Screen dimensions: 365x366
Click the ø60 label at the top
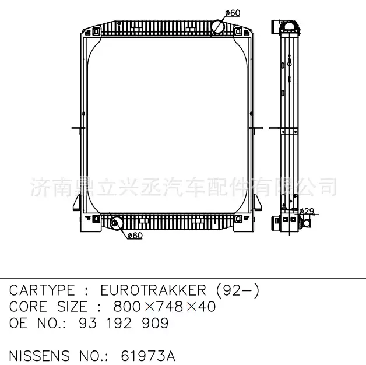tap(232, 13)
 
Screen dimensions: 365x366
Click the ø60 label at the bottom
tap(135, 236)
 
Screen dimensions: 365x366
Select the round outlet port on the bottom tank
tap(116, 223)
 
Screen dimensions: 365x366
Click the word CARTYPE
tap(43, 290)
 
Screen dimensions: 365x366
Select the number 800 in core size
tap(130, 307)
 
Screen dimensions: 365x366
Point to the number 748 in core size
tap(170, 307)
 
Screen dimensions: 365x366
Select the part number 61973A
tap(148, 356)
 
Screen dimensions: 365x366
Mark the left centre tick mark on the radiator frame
tap(75, 127)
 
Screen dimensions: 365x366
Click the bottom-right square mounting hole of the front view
tap(239, 219)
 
